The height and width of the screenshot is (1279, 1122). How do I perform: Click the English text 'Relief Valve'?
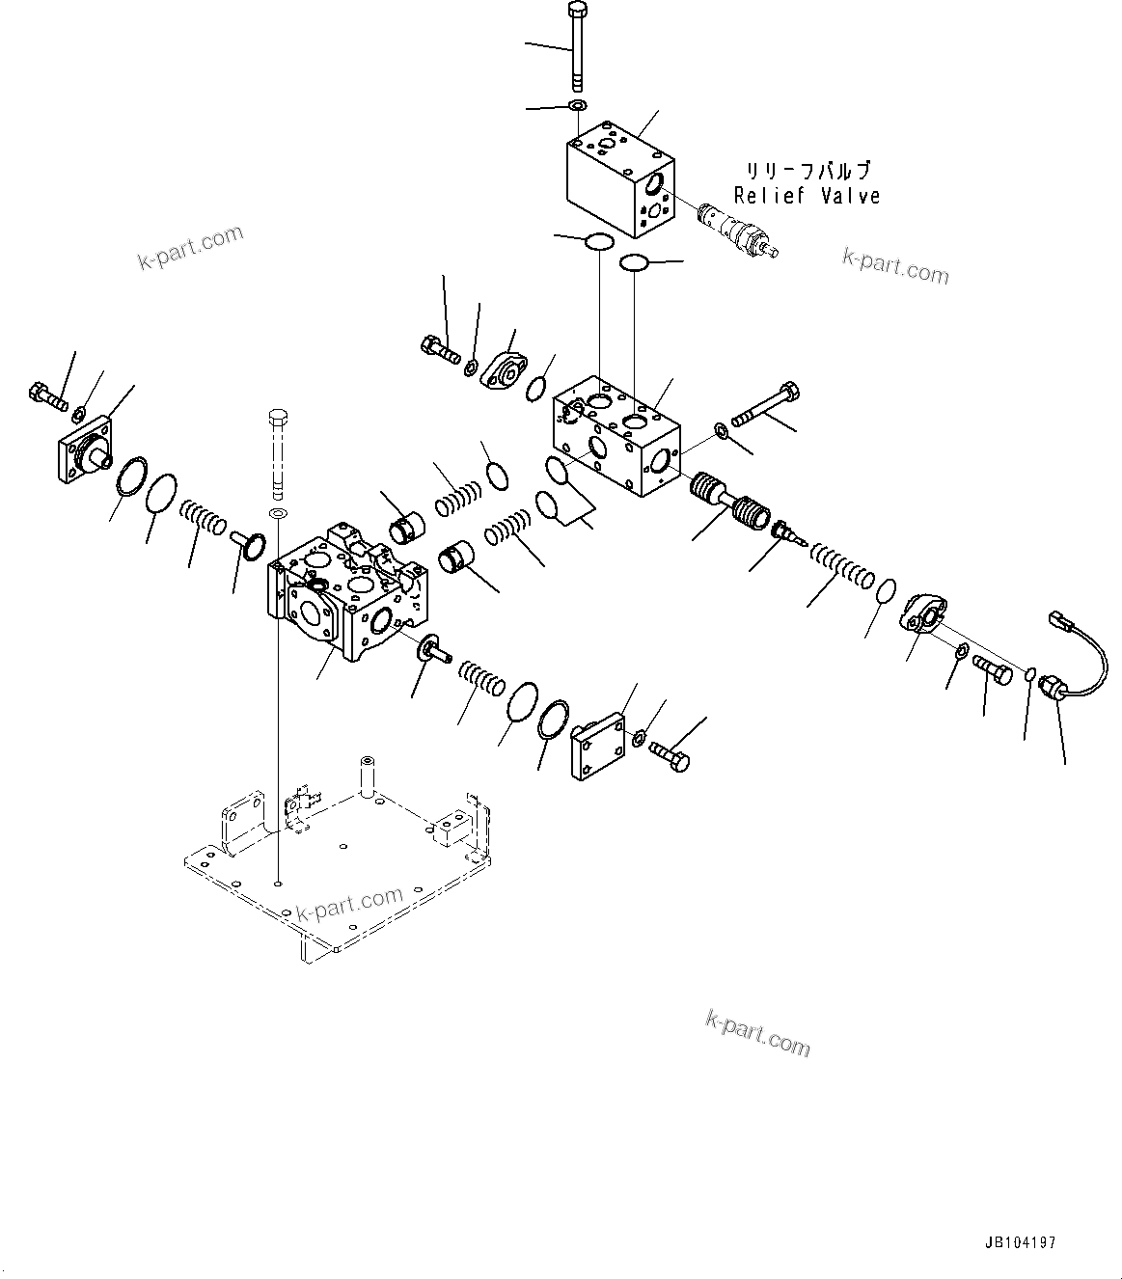point(807,196)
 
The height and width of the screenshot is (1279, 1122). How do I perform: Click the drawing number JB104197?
point(1021,1244)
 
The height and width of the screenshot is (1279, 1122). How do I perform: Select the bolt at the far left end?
point(47,395)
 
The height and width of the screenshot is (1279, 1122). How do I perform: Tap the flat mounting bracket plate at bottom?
point(328,868)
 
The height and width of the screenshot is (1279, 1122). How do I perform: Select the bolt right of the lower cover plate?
point(670,755)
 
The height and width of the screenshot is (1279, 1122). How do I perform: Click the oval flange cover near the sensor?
point(926,612)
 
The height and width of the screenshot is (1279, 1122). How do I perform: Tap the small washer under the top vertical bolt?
point(577,104)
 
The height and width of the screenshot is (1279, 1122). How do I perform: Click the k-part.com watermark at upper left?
point(190,248)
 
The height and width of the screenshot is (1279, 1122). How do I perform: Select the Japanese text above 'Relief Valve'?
point(807,171)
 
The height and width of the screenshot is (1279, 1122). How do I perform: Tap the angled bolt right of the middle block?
point(768,405)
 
